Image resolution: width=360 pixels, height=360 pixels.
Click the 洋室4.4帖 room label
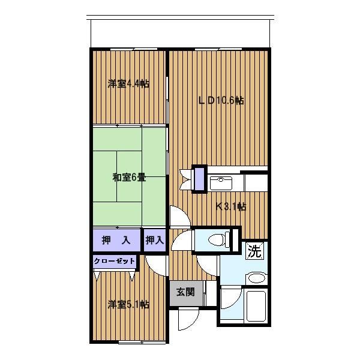[128, 84]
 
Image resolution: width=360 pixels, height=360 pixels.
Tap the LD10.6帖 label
[221, 101]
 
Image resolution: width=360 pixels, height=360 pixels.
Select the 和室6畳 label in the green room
[129, 178]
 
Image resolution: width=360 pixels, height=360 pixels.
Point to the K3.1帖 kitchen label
[231, 207]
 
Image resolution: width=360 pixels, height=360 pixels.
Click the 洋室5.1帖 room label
[128, 304]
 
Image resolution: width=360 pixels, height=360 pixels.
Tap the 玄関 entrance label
[185, 292]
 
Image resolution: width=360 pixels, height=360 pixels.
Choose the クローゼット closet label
[115, 261]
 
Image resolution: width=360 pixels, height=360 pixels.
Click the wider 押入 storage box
[116, 240]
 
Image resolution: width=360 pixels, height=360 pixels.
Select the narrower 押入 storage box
[155, 240]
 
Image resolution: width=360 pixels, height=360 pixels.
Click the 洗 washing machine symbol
[254, 251]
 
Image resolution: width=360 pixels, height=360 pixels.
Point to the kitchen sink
[221, 183]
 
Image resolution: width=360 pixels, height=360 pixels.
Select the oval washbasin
[256, 278]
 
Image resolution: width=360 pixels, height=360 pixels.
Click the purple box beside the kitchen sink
[199, 179]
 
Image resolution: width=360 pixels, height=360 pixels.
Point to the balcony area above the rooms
[181, 33]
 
